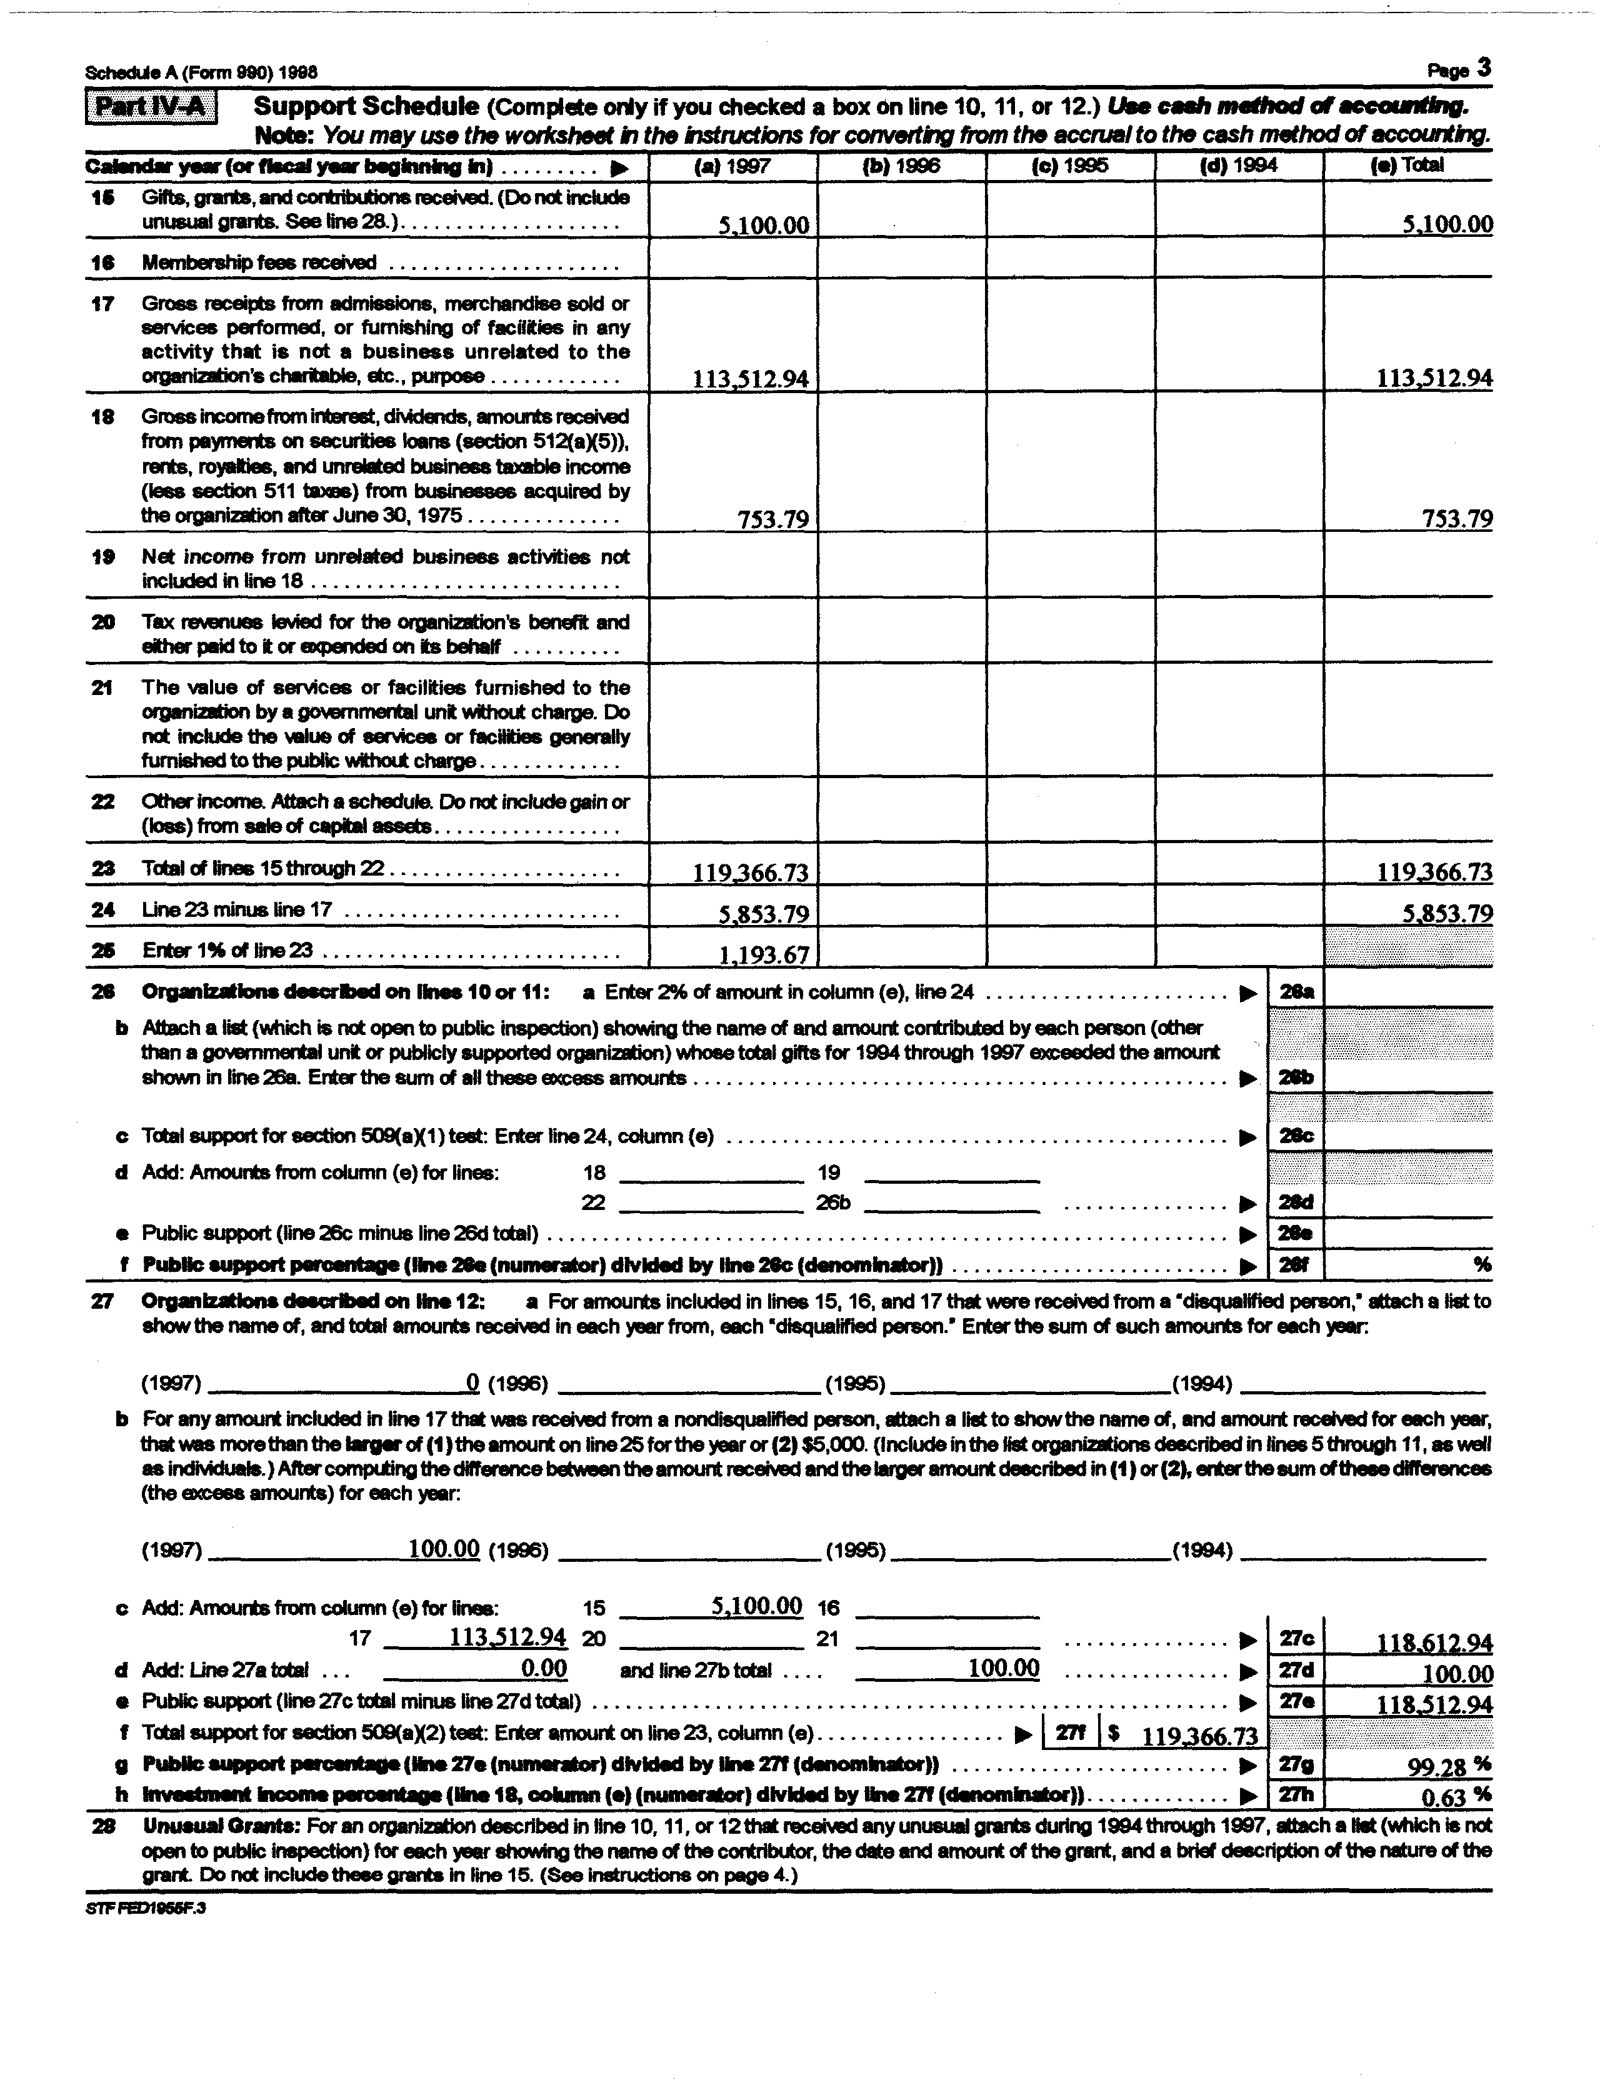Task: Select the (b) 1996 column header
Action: (x=901, y=166)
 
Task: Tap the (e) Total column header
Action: (x=1407, y=165)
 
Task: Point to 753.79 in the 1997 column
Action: (x=772, y=519)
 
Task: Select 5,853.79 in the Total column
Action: (x=1447, y=913)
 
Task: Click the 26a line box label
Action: (x=1296, y=991)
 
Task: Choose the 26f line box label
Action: (x=1296, y=1265)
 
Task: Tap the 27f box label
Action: (x=1071, y=1734)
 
